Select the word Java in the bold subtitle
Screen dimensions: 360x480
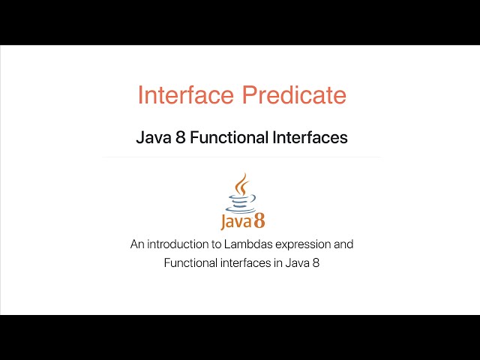point(152,138)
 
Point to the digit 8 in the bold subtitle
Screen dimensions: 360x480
point(180,138)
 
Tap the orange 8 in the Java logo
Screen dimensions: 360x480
point(258,220)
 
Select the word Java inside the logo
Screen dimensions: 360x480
point(234,222)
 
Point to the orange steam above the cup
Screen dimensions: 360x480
point(241,184)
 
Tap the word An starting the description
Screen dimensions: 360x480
point(136,244)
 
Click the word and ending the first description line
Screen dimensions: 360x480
point(344,244)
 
